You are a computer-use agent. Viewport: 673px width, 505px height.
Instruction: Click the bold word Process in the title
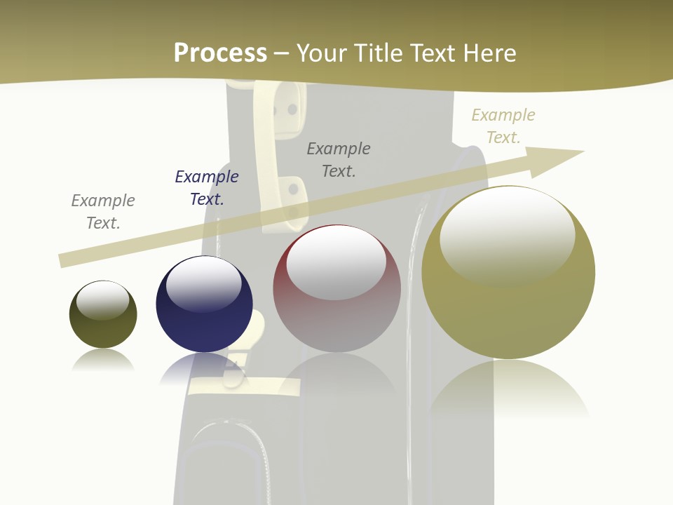point(220,53)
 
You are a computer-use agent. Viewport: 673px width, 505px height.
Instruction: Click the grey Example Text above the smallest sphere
point(103,212)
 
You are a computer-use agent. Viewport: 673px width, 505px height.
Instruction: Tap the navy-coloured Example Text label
point(207,188)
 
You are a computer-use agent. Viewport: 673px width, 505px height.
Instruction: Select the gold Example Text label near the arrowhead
point(503,126)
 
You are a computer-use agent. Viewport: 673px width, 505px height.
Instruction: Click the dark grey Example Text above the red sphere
point(339,160)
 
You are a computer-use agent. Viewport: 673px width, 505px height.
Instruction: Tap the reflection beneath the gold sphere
point(509,389)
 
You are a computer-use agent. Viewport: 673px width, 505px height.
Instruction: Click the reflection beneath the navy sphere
point(203,368)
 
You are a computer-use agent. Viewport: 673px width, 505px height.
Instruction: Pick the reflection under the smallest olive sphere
point(103,361)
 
